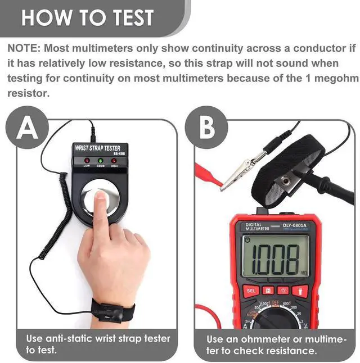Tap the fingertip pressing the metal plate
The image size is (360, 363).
100,196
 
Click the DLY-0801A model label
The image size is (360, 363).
295,226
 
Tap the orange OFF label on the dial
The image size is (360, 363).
276,302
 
